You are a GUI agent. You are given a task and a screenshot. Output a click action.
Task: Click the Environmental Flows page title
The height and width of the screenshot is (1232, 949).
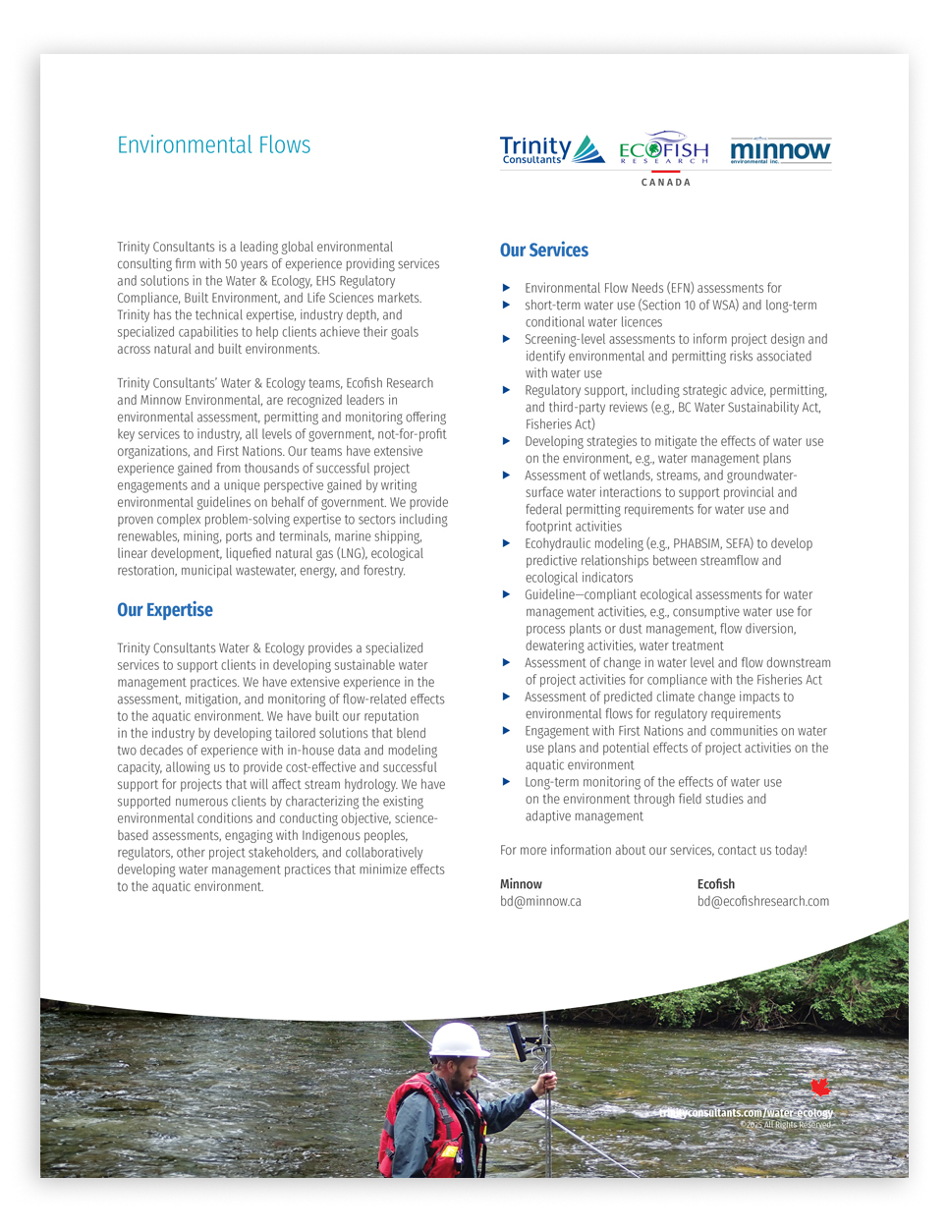click(213, 145)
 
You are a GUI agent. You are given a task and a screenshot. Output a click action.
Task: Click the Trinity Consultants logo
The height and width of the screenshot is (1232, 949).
click(550, 150)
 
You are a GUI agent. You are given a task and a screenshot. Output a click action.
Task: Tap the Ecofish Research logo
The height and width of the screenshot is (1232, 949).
click(663, 149)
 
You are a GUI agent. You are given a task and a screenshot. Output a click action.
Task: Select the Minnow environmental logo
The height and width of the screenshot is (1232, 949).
click(780, 150)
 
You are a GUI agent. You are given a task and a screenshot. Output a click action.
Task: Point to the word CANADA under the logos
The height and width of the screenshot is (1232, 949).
click(666, 183)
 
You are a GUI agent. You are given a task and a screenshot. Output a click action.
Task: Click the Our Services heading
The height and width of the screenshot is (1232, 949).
click(543, 251)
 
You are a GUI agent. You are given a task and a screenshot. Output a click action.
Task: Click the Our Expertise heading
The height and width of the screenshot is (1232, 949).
click(164, 610)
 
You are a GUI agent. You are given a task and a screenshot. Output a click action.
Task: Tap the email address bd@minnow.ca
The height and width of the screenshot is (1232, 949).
click(540, 902)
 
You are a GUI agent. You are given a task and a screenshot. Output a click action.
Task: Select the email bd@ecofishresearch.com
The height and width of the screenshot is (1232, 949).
click(762, 902)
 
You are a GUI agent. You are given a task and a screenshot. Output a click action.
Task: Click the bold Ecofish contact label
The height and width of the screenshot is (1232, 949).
click(715, 884)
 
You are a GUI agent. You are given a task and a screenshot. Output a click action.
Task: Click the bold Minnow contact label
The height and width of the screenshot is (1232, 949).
click(521, 884)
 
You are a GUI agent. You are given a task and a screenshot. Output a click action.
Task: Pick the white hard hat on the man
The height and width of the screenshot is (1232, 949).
click(458, 1040)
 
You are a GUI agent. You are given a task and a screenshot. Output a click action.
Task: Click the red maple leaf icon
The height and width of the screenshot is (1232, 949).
click(820, 1087)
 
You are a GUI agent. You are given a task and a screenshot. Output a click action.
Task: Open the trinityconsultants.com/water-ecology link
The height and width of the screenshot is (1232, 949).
click(746, 1113)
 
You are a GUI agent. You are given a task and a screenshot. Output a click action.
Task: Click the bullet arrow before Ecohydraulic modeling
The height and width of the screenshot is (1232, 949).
click(506, 543)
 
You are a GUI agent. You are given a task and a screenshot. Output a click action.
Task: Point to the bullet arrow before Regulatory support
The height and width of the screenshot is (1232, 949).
click(506, 390)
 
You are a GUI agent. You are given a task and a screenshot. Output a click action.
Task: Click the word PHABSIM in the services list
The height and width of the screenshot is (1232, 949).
click(697, 543)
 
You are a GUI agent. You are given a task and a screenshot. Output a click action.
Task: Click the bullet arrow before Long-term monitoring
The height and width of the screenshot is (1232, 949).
click(506, 782)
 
